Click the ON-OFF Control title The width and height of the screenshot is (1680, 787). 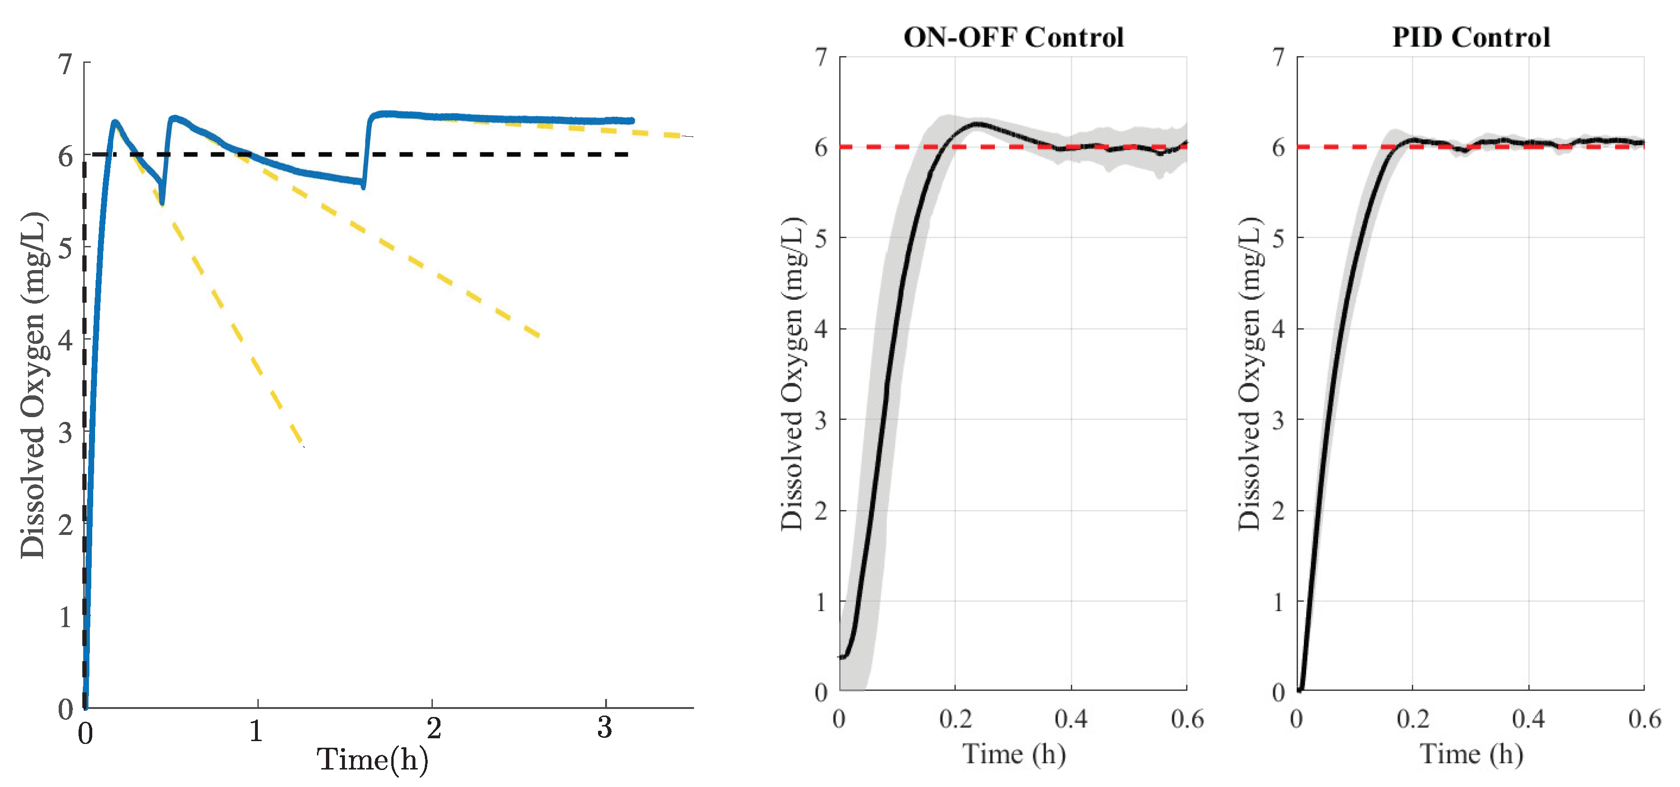(x=1013, y=37)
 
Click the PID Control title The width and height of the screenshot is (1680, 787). (x=1471, y=37)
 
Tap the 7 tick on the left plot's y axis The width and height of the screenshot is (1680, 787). (x=65, y=64)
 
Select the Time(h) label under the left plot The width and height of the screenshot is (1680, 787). (x=372, y=760)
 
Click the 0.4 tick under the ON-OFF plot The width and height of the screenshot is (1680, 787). (x=1071, y=718)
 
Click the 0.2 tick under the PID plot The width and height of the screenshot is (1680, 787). (x=1413, y=718)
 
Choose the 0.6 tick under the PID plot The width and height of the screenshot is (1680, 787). (x=1644, y=718)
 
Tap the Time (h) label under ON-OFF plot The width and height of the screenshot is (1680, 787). (x=1014, y=754)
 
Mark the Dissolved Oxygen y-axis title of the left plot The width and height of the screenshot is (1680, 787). (x=33, y=385)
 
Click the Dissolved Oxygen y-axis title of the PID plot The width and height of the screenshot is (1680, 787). (x=1249, y=373)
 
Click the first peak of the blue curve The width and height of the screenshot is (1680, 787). (x=115, y=122)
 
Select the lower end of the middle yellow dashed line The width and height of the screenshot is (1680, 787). (x=539, y=336)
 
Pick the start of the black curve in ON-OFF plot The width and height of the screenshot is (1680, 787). (x=841, y=656)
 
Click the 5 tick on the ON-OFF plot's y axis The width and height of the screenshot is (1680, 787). (x=822, y=238)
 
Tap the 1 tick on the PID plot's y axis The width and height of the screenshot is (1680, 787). (x=1279, y=601)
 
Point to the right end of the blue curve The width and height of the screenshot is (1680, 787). (x=631, y=121)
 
